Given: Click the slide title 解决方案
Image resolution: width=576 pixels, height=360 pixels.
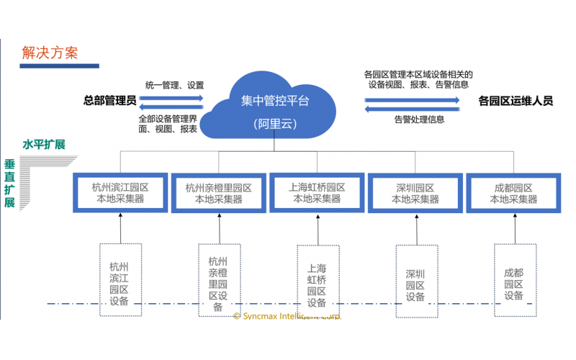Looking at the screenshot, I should (x=50, y=53).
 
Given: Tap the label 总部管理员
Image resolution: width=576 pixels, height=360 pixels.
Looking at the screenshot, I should (x=110, y=100).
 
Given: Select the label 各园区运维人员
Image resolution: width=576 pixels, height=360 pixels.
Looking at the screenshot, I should (x=516, y=102).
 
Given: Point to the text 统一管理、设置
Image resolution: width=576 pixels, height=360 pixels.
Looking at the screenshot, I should (x=175, y=85).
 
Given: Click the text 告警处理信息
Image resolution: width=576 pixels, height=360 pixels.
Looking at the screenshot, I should (x=419, y=120).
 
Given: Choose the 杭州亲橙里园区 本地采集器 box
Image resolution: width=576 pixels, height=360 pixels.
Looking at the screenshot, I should (x=218, y=192).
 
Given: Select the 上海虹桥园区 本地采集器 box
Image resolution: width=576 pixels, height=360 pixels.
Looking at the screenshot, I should (x=317, y=192).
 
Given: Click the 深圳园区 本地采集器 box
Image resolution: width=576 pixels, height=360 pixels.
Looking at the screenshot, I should (x=415, y=192).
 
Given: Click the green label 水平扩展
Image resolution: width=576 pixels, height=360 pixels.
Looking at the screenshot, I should (x=44, y=145).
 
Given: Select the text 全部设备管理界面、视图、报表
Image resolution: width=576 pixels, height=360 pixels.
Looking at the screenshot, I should (x=168, y=123).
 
